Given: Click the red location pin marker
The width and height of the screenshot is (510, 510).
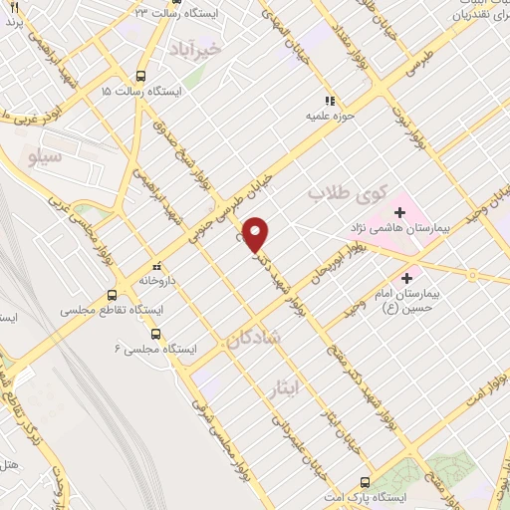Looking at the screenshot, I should (x=257, y=234).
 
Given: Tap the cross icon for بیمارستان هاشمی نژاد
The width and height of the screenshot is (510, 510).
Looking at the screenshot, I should (x=400, y=212).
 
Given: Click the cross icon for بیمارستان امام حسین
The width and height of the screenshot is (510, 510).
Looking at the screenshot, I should (x=407, y=278).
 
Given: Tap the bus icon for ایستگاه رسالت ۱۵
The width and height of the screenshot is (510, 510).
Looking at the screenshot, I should (x=141, y=76).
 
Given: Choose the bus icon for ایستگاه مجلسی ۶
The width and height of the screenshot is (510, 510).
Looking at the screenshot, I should (x=168, y=335).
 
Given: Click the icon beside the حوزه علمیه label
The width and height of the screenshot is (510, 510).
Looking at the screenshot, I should (x=329, y=100).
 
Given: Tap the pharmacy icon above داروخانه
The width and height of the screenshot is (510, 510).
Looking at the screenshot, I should (x=155, y=266).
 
